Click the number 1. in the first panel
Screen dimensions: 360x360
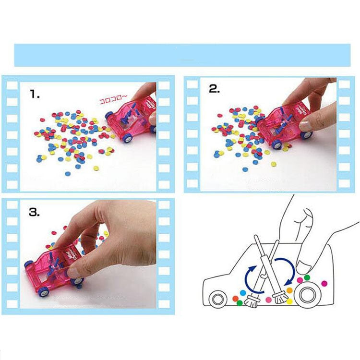[34, 95]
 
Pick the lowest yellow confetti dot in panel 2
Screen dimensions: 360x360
[274, 164]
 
